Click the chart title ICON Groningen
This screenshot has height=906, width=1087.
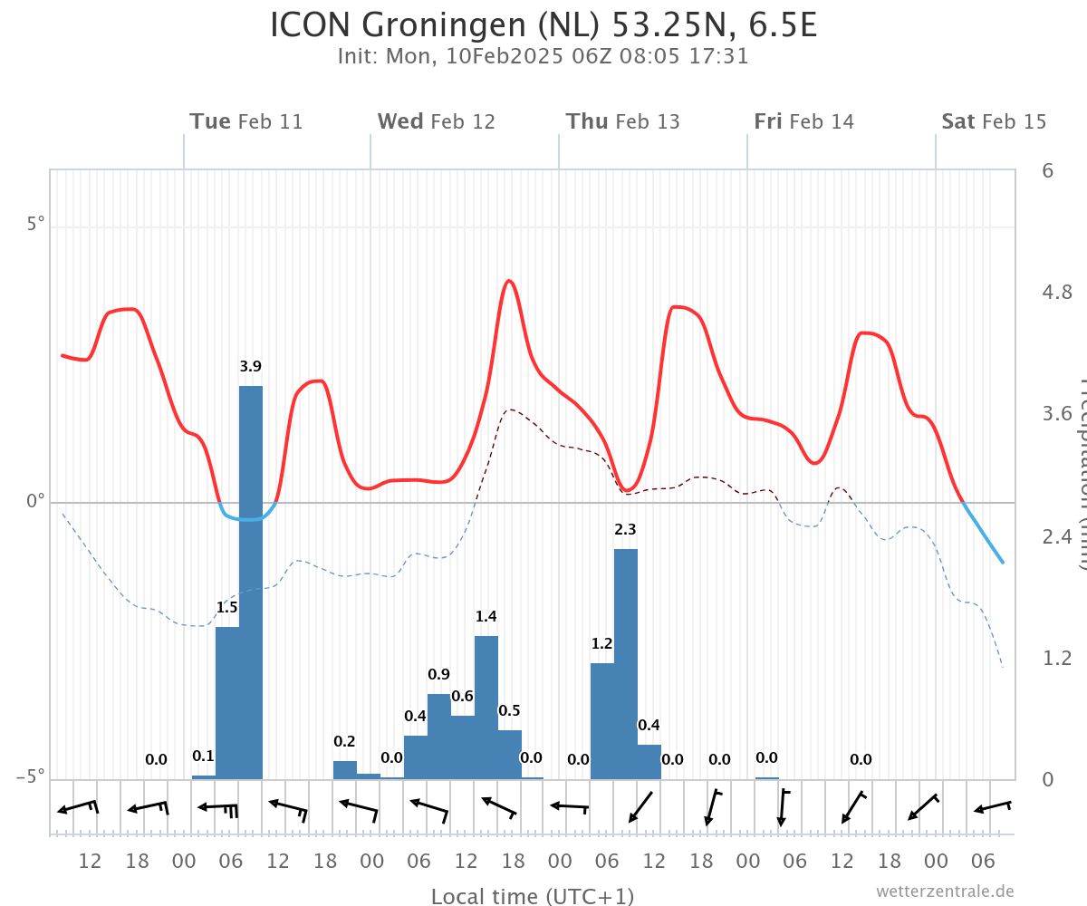click(543, 25)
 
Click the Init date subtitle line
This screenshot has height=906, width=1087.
click(543, 56)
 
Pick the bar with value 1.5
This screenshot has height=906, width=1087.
click(227, 702)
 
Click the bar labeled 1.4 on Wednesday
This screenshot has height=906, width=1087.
click(486, 707)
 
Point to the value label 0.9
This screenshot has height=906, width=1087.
click(439, 674)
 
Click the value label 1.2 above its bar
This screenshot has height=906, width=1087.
click(602, 644)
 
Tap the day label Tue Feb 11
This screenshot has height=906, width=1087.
click(246, 121)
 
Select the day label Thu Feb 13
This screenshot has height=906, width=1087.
click(623, 121)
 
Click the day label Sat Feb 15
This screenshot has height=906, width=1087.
click(994, 121)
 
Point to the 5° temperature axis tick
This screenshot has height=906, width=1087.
click(34, 225)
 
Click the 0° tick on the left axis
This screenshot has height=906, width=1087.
click(34, 502)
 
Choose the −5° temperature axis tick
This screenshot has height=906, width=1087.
click(31, 778)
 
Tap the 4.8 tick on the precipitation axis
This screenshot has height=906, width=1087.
click(1057, 292)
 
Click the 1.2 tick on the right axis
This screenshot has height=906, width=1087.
click(1057, 658)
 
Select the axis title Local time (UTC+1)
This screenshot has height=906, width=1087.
click(533, 896)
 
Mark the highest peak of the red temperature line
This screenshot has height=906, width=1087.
click(509, 281)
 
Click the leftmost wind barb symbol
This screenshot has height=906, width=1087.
click(77, 806)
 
